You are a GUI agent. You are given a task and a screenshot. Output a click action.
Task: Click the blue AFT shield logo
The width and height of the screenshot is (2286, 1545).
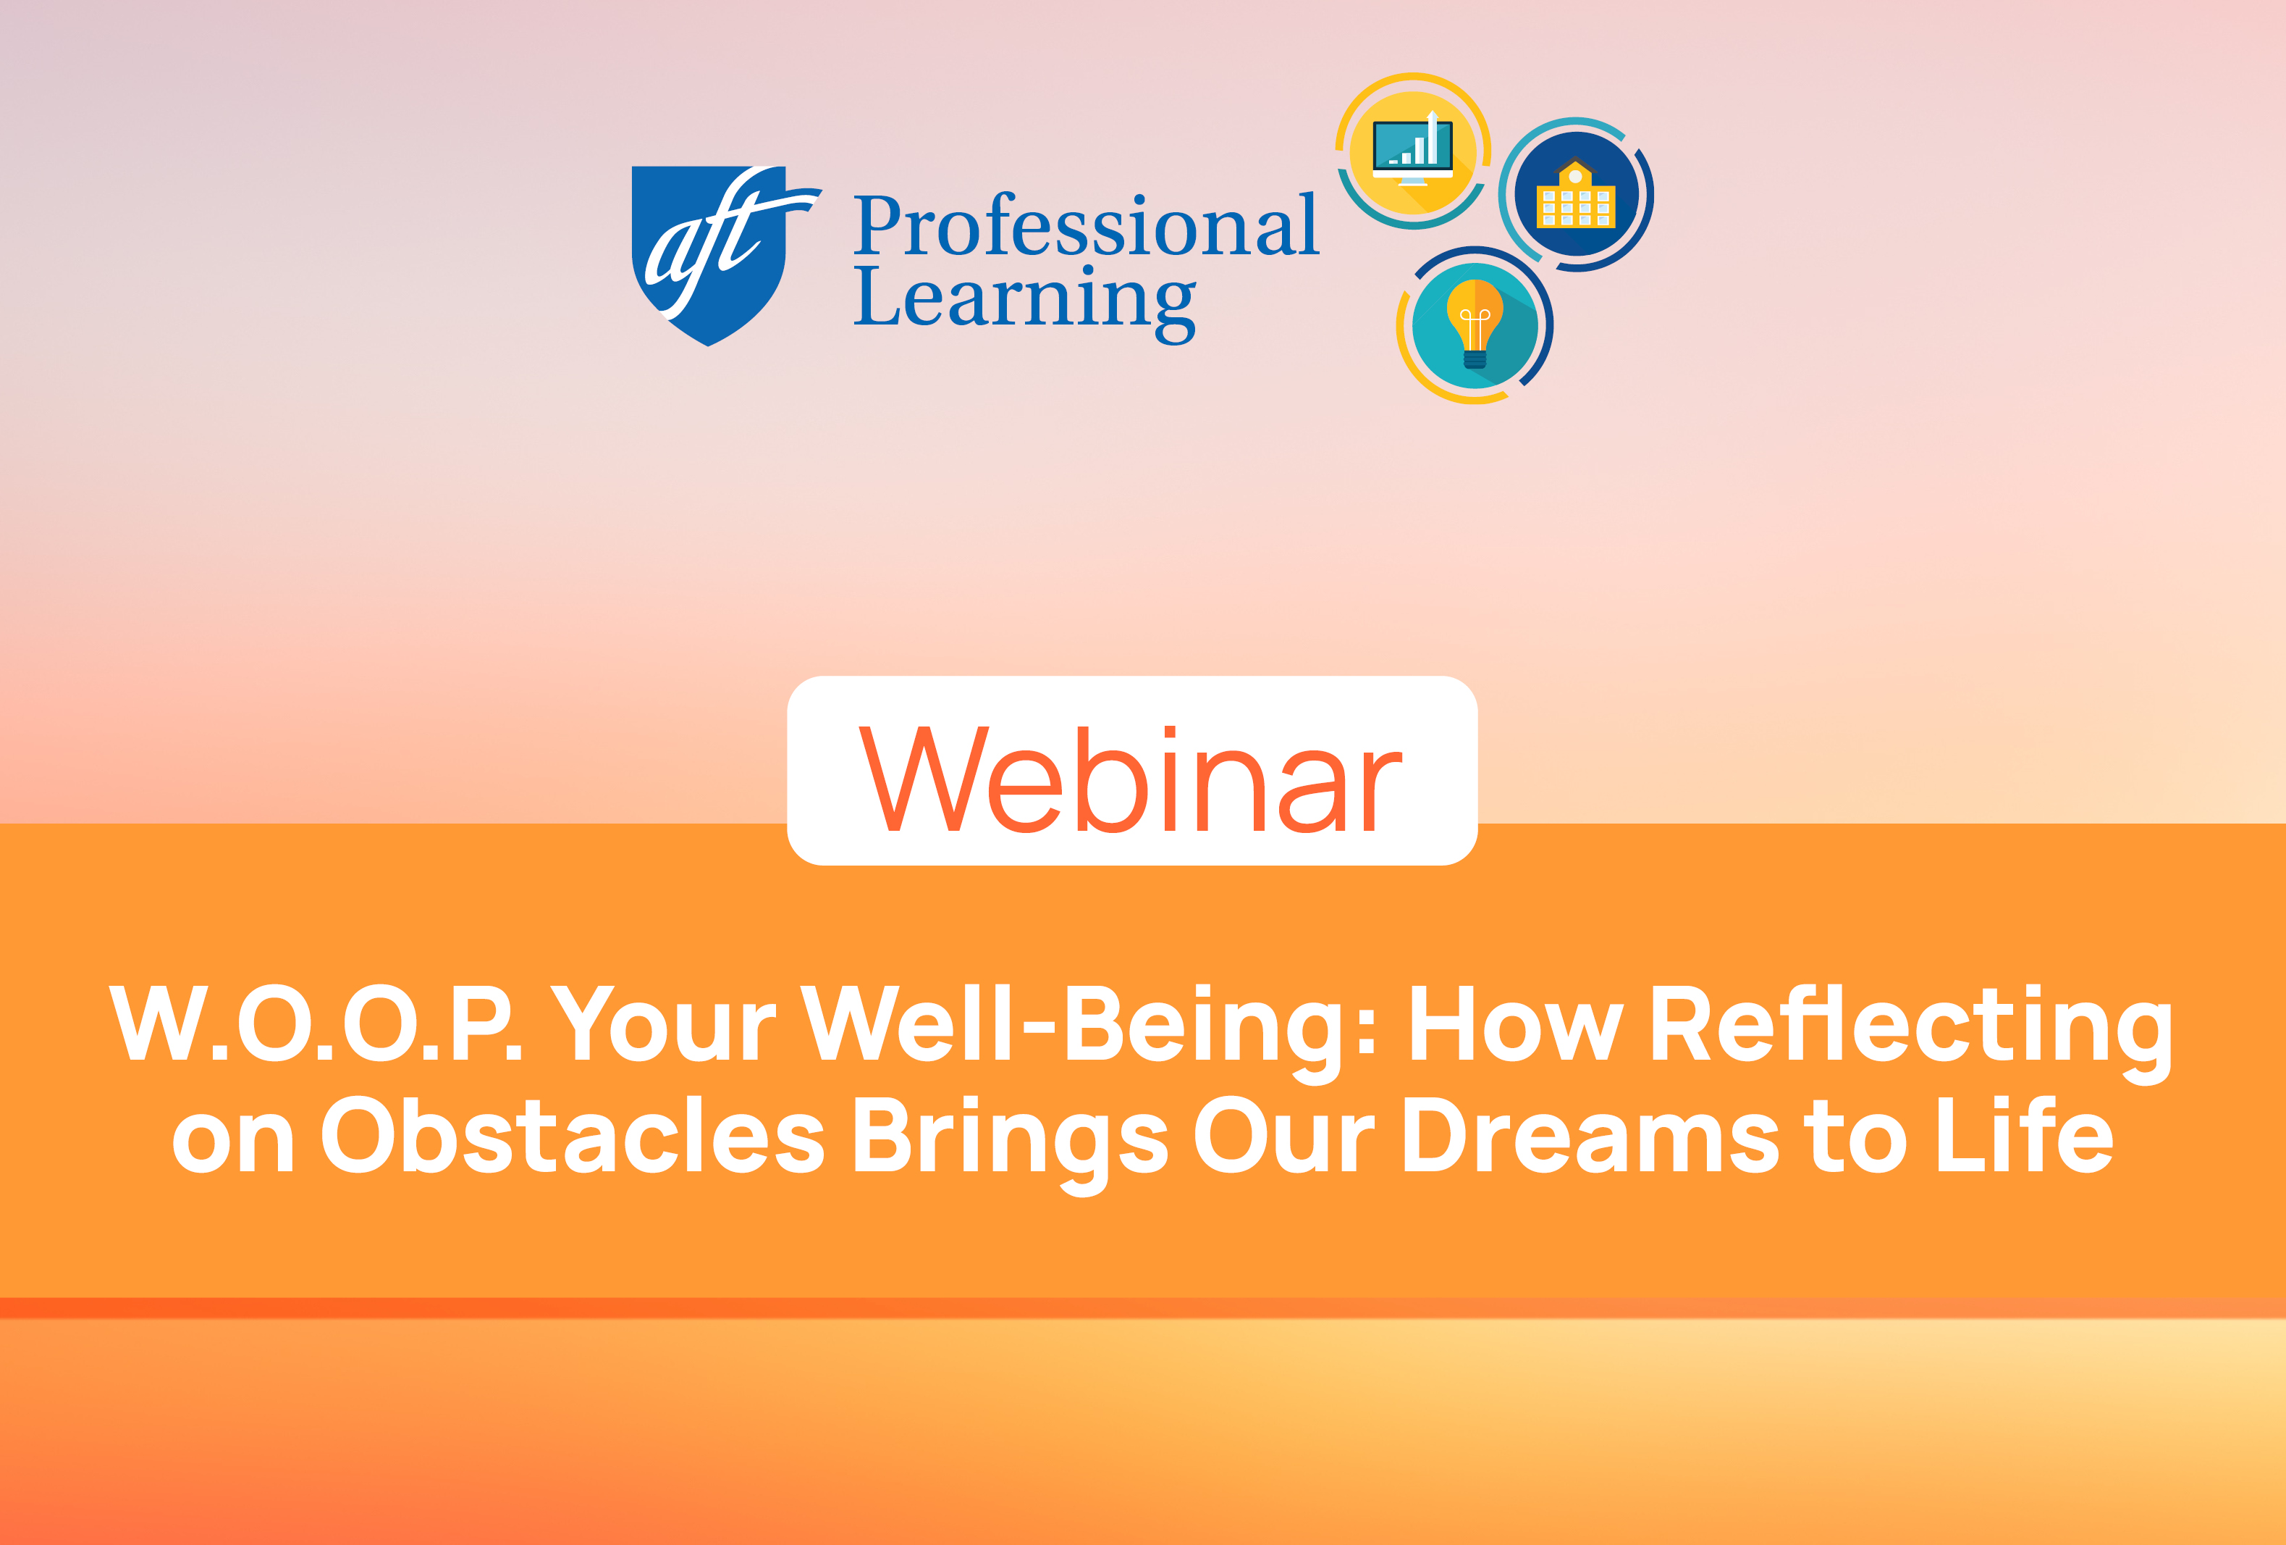tap(710, 254)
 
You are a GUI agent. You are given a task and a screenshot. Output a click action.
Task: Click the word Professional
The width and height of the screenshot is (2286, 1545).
tap(1085, 225)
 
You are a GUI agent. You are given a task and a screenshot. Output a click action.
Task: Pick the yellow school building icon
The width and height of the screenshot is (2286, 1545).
tap(1576, 195)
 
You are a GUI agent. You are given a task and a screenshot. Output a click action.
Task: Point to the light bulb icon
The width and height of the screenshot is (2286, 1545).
tap(1475, 324)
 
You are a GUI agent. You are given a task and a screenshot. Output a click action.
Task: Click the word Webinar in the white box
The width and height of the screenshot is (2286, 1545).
tap(1131, 779)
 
